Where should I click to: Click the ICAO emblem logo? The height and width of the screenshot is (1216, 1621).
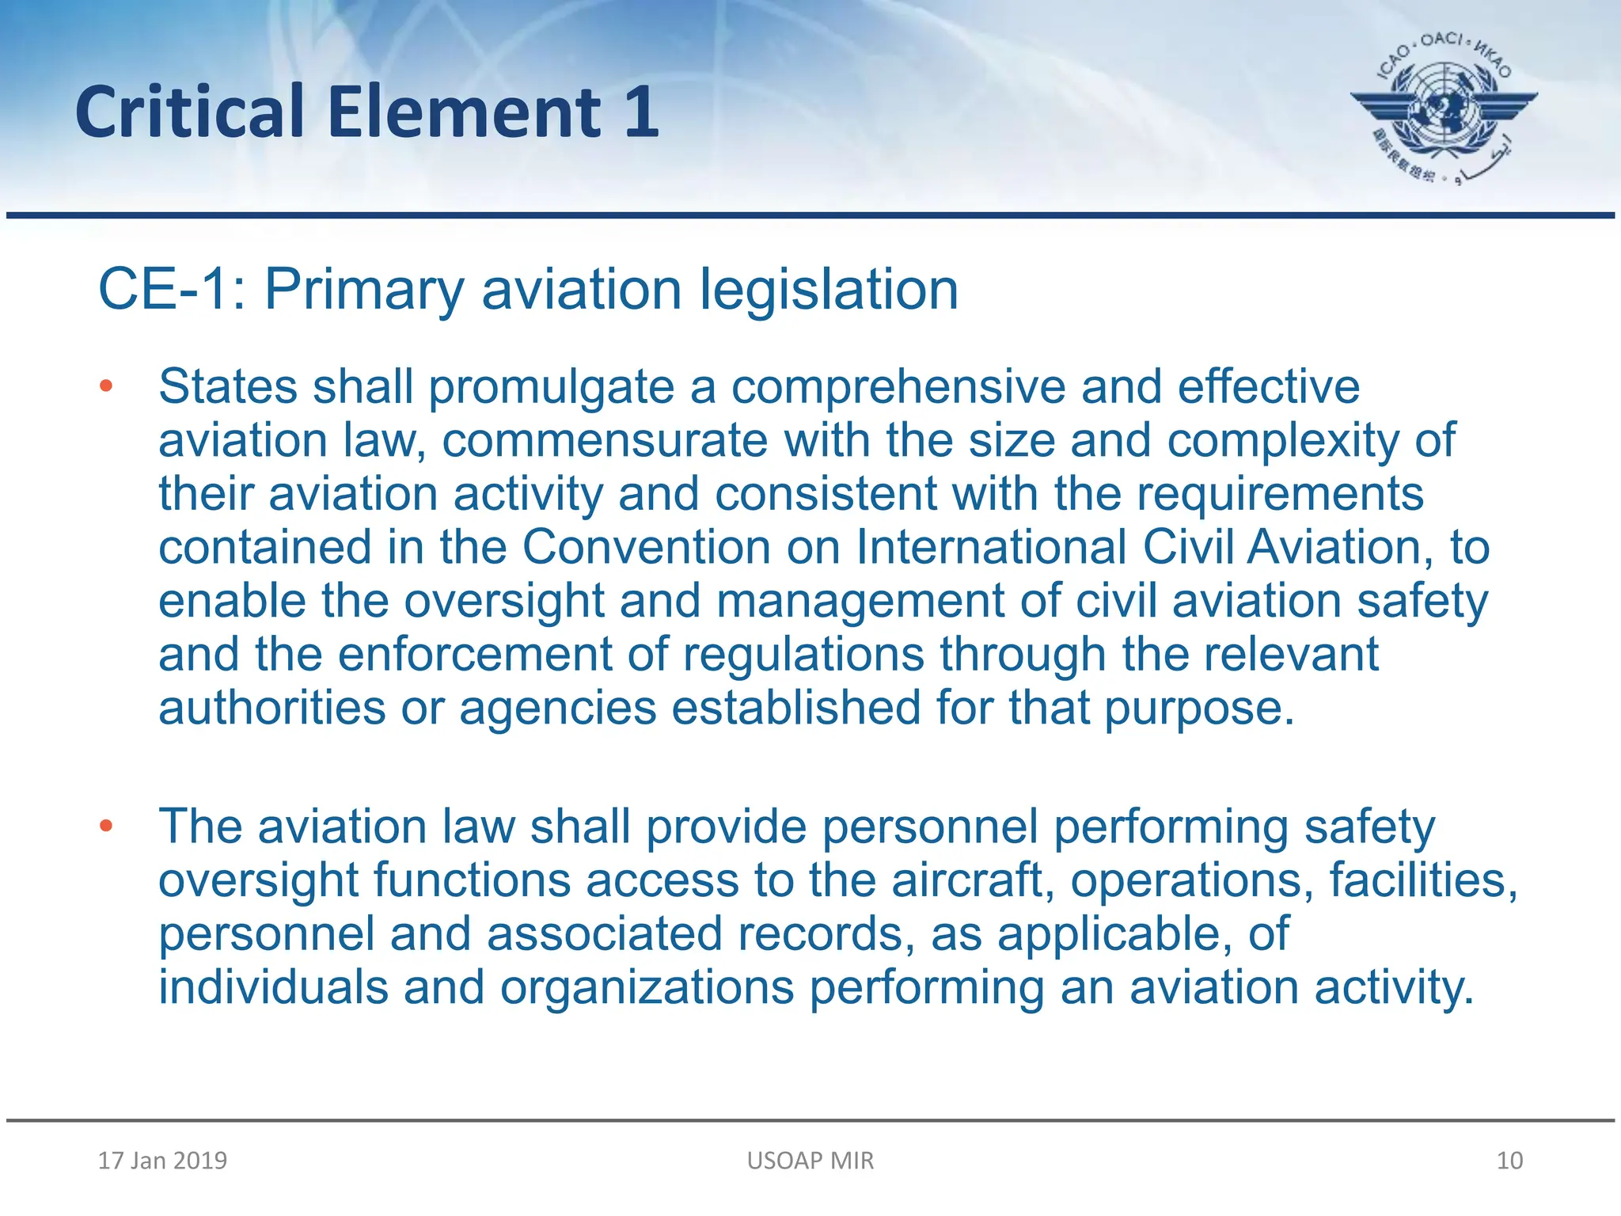click(x=1444, y=107)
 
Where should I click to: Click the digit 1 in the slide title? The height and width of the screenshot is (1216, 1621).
click(x=642, y=112)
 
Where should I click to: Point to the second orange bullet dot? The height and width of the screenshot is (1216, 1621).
click(x=106, y=826)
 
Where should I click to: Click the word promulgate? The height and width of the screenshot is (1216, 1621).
click(x=552, y=388)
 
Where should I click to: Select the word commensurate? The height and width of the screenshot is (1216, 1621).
click(x=605, y=440)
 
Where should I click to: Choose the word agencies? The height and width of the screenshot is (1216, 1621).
click(x=558, y=709)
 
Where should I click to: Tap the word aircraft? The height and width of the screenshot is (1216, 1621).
click(x=972, y=880)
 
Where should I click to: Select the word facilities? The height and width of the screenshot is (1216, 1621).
click(x=1422, y=880)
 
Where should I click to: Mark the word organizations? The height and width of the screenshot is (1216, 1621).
click(x=647, y=988)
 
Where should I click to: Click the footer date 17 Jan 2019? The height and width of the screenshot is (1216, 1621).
click(x=162, y=1161)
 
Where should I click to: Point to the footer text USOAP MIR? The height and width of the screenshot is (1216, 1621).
click(x=810, y=1161)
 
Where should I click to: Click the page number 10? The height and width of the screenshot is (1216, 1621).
click(x=1509, y=1161)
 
